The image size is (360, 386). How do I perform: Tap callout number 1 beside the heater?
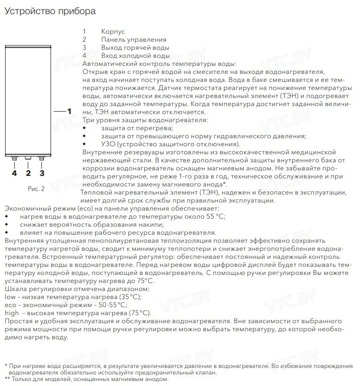69,111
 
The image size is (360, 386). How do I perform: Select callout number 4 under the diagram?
15,173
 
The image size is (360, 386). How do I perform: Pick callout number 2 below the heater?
28,173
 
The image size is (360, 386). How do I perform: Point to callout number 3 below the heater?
42,173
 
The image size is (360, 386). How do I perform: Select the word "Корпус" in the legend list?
113,31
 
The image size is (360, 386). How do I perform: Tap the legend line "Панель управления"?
133,39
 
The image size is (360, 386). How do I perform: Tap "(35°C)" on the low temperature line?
116,297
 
